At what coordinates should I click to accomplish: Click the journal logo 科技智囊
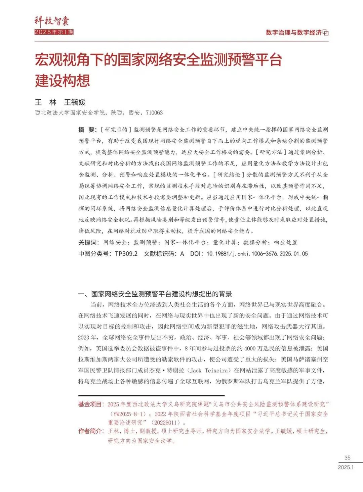[x=52, y=21]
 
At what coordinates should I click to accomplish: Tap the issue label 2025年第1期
[x=54, y=32]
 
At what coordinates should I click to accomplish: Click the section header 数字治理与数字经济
[x=293, y=33]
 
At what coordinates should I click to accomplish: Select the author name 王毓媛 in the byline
[x=75, y=102]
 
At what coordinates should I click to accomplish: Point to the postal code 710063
[x=154, y=113]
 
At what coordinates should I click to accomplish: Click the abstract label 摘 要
[x=87, y=130]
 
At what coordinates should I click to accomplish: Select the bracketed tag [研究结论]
[x=229, y=175]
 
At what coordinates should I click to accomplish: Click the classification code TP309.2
[x=126, y=254]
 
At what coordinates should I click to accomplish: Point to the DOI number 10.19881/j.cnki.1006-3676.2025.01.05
[x=257, y=254]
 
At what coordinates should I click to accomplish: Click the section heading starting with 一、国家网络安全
[x=155, y=294]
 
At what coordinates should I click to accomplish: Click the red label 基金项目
[x=91, y=404]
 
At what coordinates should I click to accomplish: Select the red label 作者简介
[x=91, y=431]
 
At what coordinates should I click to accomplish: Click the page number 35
[x=348, y=457]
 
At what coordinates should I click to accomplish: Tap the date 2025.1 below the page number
[x=346, y=467]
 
